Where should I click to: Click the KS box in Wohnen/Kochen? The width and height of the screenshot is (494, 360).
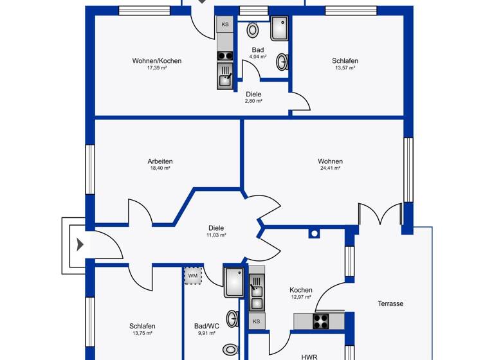click(225, 25)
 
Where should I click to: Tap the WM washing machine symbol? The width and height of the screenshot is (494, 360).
click(192, 276)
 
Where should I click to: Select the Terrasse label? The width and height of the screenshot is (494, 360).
click(390, 303)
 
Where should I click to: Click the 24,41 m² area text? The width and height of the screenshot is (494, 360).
click(330, 168)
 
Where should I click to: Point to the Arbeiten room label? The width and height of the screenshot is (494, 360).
click(160, 161)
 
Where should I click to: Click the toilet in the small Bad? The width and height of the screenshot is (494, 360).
click(253, 30)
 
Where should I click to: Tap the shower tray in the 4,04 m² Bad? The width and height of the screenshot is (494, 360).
click(280, 29)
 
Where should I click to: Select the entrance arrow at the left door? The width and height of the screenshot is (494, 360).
click(80, 244)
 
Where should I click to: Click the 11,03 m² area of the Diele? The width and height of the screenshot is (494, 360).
click(216, 235)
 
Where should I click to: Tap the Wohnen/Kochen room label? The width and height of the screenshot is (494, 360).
click(157, 61)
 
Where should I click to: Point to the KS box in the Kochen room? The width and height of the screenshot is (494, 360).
click(256, 321)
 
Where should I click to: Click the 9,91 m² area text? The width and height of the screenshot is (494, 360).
click(206, 334)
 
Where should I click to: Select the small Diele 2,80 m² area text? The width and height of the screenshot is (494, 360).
click(253, 101)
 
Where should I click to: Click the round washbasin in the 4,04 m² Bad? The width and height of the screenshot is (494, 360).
click(282, 62)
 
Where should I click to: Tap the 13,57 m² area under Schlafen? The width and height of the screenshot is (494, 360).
click(345, 68)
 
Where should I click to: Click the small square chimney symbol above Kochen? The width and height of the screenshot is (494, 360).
click(314, 233)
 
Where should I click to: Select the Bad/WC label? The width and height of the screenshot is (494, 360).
click(206, 326)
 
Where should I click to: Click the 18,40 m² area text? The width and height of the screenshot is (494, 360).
click(160, 168)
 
